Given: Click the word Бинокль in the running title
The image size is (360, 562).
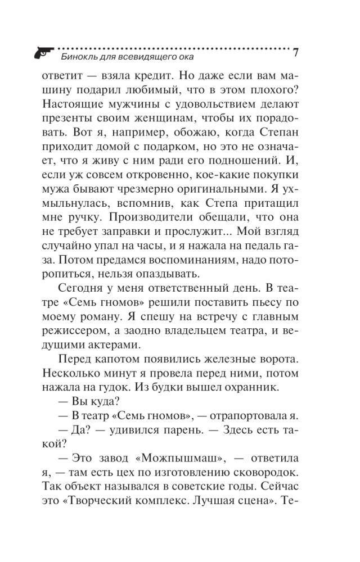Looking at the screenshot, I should (x=76, y=56).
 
